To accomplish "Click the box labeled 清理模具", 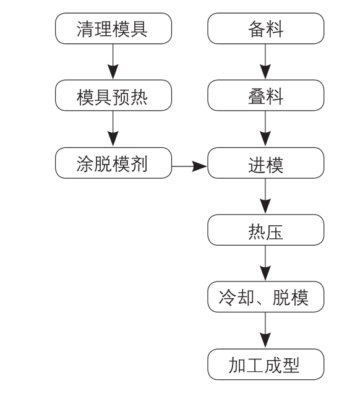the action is pos(114,28).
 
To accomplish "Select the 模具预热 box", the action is pos(114,95).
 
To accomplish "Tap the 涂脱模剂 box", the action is pos(114,163).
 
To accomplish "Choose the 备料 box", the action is pos(266,28).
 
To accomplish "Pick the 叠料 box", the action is pos(266,95).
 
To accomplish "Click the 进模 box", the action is pos(266,163).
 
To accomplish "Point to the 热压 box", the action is pos(266,230).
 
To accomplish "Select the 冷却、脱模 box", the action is pos(266,297).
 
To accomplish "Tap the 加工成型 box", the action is pos(266,364).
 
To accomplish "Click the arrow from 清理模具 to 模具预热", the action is pos(113,62).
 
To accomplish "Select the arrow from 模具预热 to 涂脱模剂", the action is pos(113,129).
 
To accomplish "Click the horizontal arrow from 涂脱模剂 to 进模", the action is pos(189,166).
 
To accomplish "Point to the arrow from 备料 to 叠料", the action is pos(265,62).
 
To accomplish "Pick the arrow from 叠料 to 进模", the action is pos(265,129).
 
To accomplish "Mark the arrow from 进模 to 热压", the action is pos(265,196).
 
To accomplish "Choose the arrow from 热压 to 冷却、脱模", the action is pos(265,263).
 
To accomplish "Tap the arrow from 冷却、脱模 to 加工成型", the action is pos(265,330).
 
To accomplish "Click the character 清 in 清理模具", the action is pos(85,29).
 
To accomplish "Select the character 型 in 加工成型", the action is pos(291,365).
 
